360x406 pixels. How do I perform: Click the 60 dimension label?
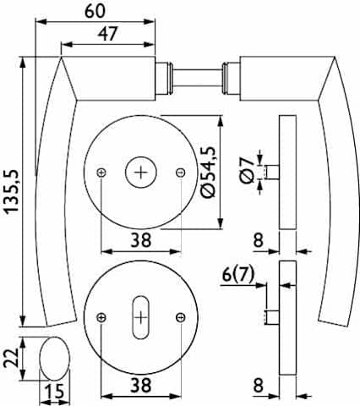(x=95, y=11)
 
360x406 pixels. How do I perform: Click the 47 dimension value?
(x=107, y=34)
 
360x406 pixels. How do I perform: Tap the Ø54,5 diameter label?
(x=208, y=173)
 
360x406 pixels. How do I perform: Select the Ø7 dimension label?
(x=247, y=170)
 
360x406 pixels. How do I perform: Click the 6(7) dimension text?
(x=238, y=274)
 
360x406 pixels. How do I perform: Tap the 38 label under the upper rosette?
(x=141, y=240)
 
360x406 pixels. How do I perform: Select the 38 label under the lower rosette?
(x=141, y=385)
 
